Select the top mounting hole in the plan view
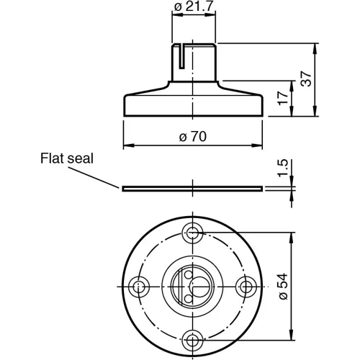coord(193,232)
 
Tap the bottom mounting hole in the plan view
coord(193,339)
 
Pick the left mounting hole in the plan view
coord(139,286)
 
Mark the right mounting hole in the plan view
coord(246,286)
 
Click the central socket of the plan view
coord(193,286)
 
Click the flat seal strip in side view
coord(192,188)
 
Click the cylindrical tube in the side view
coord(193,65)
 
